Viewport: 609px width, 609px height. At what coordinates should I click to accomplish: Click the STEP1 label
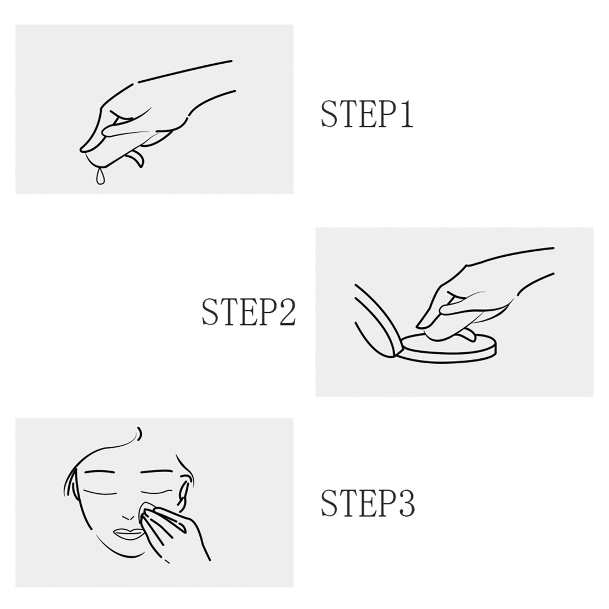367,114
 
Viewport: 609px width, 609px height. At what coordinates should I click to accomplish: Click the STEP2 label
249,312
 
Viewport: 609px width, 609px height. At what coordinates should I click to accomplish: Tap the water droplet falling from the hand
100,176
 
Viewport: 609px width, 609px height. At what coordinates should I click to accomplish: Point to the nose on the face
127,518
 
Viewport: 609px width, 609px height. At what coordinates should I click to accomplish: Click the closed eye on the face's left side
100,493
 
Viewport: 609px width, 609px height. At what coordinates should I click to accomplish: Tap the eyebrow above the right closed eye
156,472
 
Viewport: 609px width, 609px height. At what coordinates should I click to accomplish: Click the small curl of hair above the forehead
140,433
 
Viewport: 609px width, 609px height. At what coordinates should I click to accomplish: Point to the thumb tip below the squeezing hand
136,160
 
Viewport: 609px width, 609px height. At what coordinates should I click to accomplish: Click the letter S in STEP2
210,312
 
